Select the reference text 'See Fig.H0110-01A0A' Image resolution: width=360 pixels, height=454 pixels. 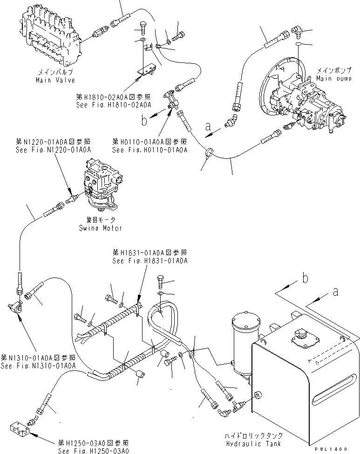(x=149, y=150)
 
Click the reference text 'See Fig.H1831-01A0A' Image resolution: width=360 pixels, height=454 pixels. (x=149, y=261)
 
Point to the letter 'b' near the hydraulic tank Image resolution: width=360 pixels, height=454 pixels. (x=305, y=279)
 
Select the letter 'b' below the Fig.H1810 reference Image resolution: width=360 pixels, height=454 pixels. (x=145, y=122)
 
